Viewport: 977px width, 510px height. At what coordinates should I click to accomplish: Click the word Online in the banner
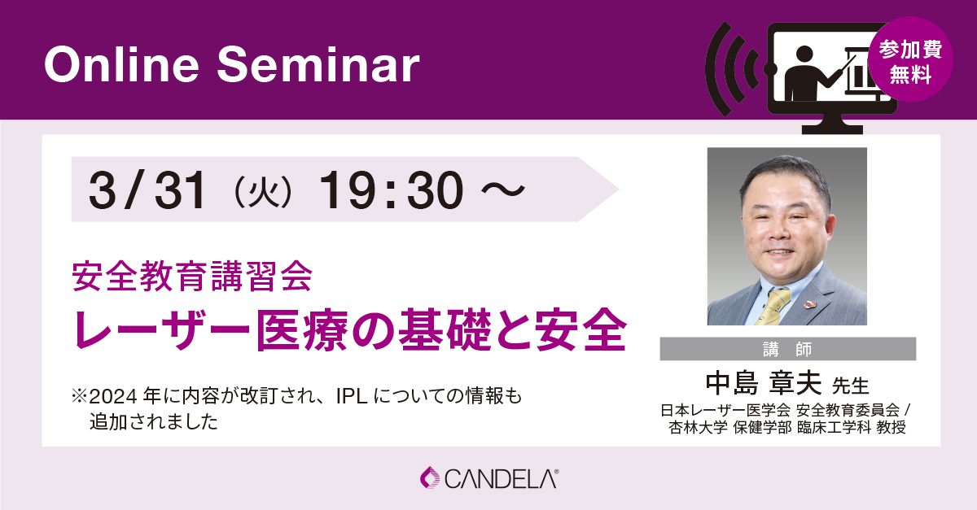[121, 64]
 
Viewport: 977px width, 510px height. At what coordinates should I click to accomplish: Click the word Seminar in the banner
[318, 64]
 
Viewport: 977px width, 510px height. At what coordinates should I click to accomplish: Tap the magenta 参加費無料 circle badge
[910, 59]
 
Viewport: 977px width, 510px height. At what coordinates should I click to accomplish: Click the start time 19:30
[392, 190]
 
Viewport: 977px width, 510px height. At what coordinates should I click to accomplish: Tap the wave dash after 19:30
[503, 190]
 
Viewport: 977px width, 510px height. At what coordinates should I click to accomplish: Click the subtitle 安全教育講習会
[192, 276]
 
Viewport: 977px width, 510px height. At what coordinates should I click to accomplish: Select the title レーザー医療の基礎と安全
[350, 329]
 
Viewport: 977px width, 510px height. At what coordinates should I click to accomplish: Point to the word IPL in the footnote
[352, 397]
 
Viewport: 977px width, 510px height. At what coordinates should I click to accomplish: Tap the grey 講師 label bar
[788, 349]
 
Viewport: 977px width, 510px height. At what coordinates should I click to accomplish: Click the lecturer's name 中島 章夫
[764, 383]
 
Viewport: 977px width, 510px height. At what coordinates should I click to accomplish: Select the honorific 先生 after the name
[851, 386]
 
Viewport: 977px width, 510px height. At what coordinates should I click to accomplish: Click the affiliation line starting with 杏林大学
[787, 428]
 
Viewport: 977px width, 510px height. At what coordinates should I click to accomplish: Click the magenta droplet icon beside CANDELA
[430, 477]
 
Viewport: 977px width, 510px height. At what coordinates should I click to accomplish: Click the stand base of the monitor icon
[832, 129]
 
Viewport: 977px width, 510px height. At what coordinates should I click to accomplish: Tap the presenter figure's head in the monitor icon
[804, 54]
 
